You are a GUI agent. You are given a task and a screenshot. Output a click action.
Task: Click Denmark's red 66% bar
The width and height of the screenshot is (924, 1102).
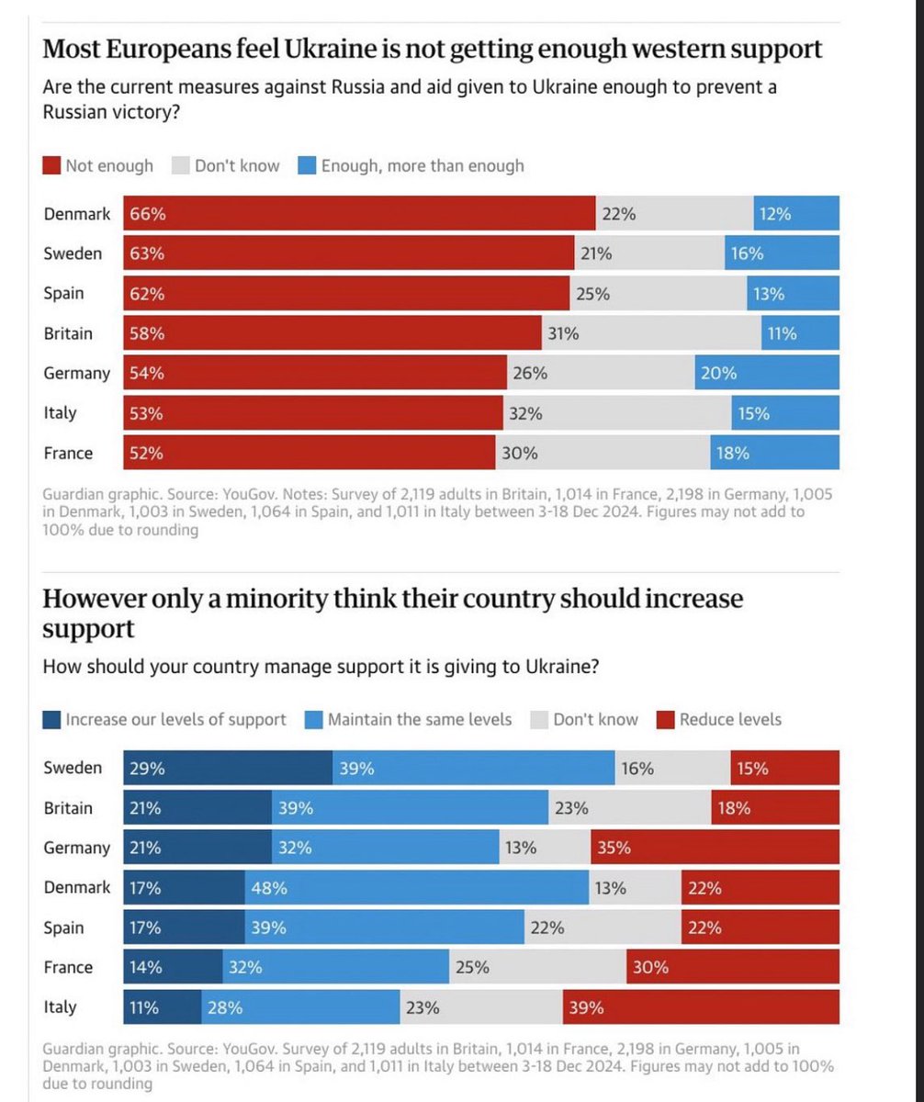[359, 214]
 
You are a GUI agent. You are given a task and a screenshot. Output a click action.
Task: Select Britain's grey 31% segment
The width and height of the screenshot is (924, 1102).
[652, 333]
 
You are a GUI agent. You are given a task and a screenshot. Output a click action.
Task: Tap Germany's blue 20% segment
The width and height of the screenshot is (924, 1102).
[767, 374]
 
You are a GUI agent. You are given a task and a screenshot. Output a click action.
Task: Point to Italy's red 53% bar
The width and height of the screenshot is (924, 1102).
[313, 413]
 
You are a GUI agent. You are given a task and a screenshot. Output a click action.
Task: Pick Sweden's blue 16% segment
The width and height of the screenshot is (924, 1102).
[781, 254]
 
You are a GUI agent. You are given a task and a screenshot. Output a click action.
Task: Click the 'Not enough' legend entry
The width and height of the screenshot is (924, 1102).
[98, 166]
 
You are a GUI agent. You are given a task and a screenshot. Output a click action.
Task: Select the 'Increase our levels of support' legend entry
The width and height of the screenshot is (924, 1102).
[165, 719]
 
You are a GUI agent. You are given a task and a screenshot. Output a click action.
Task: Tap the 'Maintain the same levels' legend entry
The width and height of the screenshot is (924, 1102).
[409, 719]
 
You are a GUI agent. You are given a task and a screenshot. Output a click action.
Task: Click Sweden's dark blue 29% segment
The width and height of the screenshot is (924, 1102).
[228, 768]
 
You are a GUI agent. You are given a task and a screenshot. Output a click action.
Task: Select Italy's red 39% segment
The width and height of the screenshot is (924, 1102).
[701, 1007]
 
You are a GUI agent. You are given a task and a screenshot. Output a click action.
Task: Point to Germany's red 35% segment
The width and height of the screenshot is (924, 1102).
[715, 848]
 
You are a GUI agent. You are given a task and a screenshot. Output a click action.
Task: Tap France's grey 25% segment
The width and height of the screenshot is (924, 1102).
[537, 967]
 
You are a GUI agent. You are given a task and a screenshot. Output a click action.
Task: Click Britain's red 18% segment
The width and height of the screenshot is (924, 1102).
[775, 808]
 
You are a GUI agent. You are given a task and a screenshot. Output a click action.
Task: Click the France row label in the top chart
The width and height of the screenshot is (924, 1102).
[68, 453]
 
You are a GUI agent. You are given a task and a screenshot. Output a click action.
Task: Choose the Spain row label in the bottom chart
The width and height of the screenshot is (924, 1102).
[63, 928]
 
